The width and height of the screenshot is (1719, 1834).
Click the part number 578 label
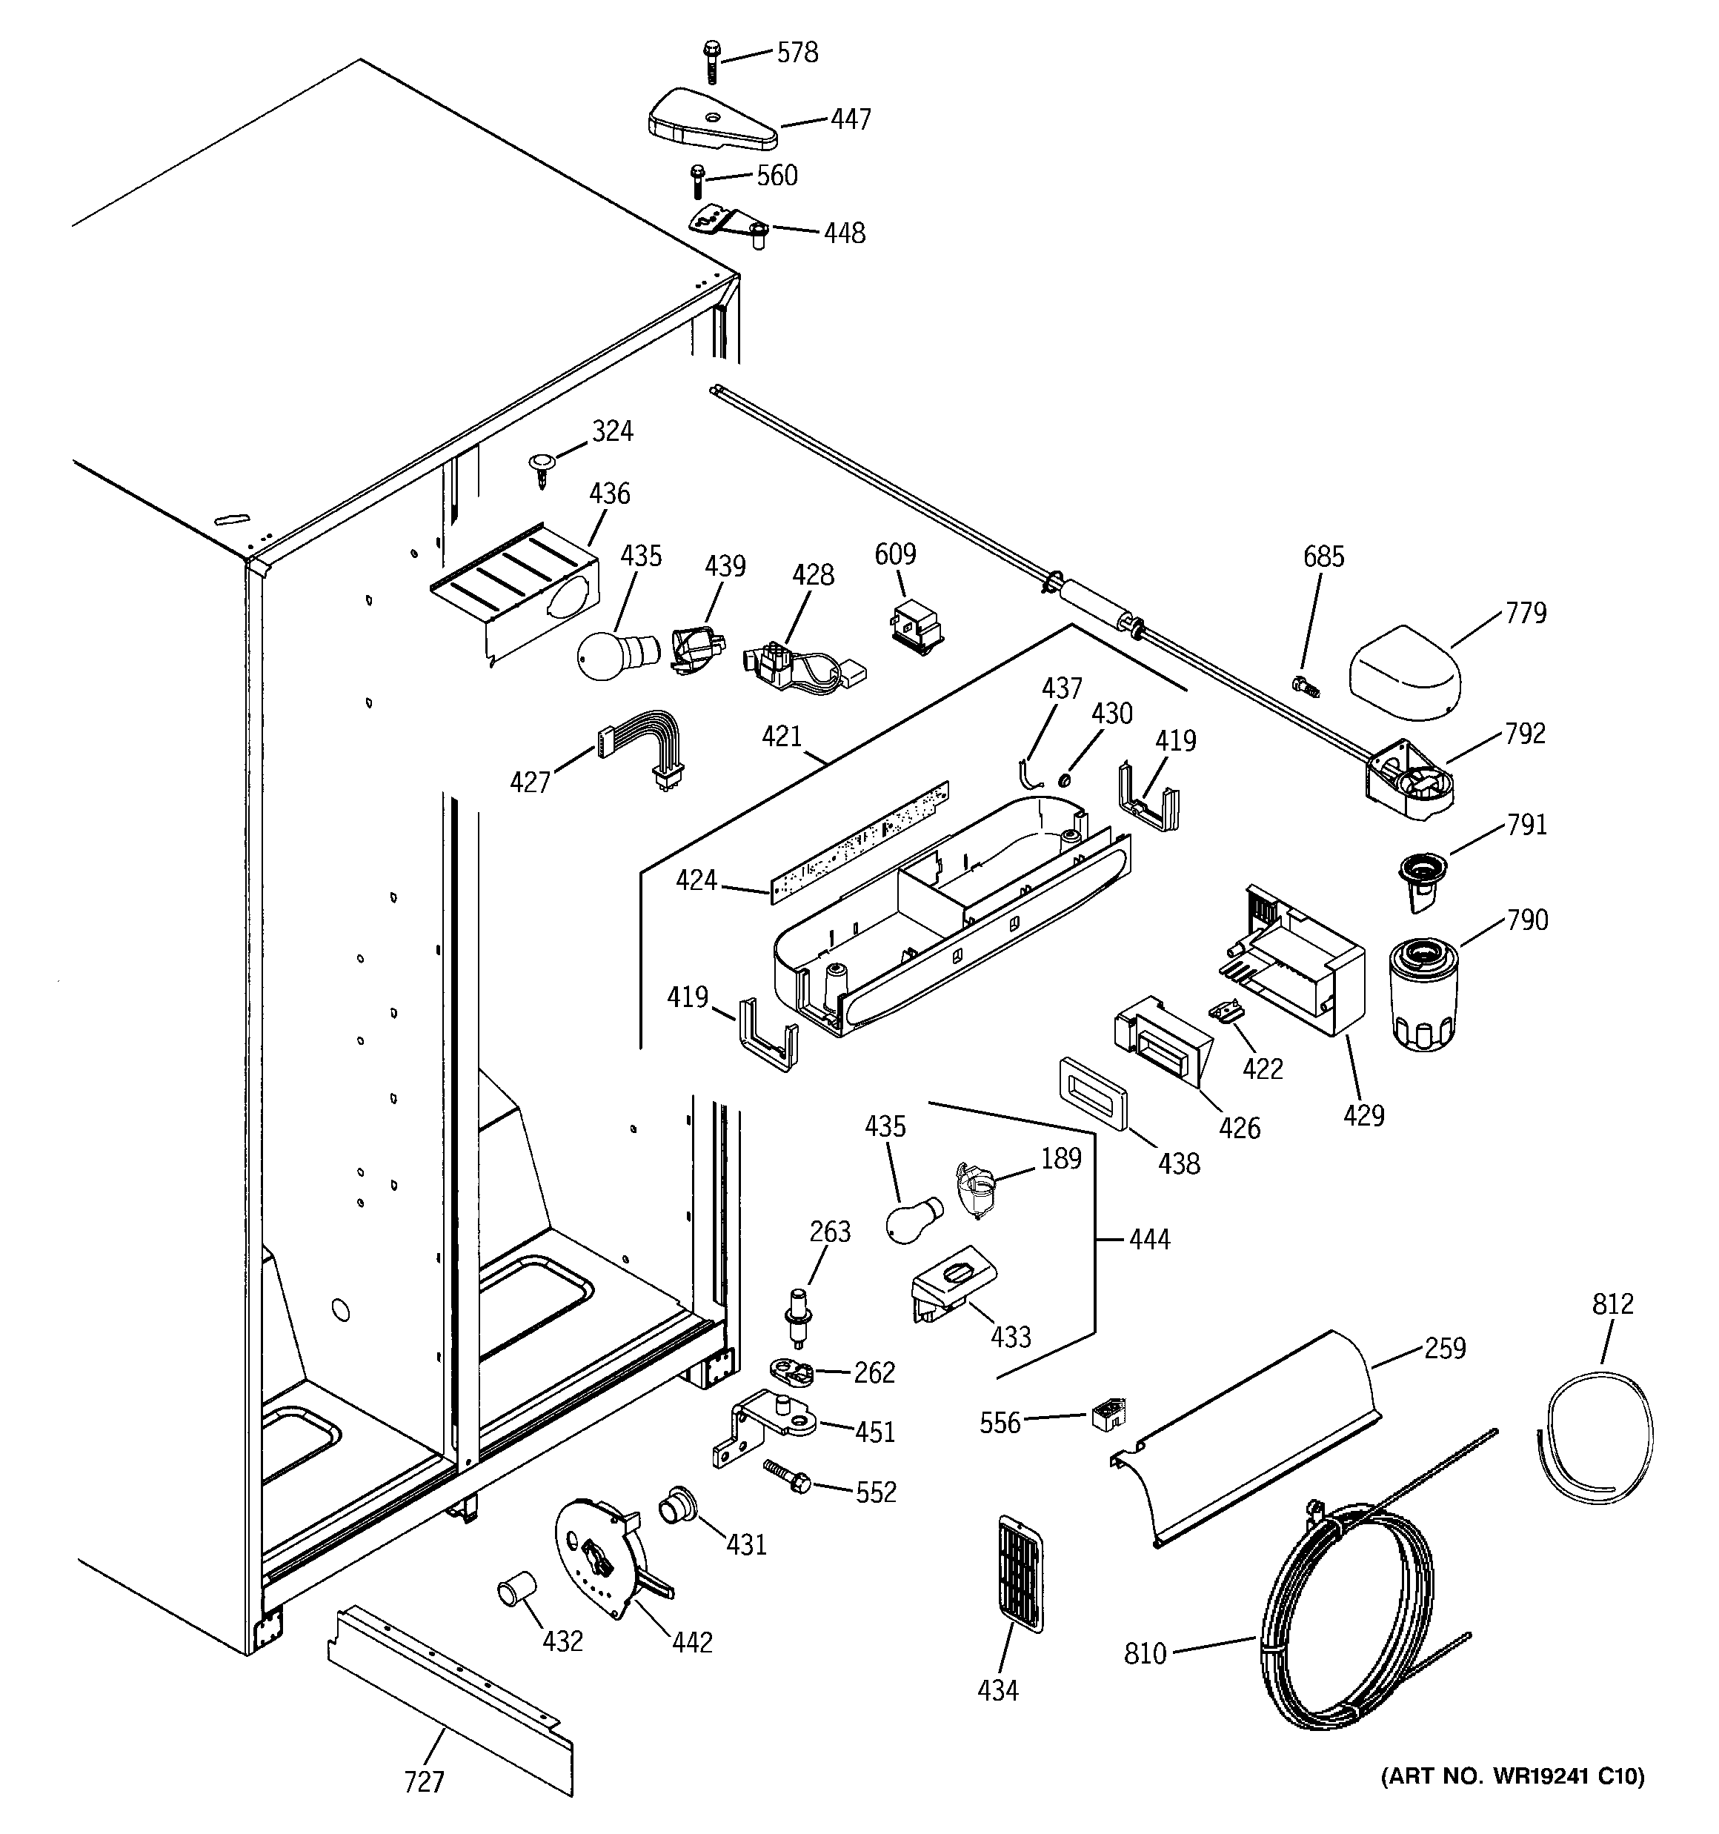click(x=797, y=53)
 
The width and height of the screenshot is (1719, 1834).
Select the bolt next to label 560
click(x=697, y=181)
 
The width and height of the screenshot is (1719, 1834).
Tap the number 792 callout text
click(x=1524, y=734)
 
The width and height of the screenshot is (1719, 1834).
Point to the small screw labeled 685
click(x=1306, y=685)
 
